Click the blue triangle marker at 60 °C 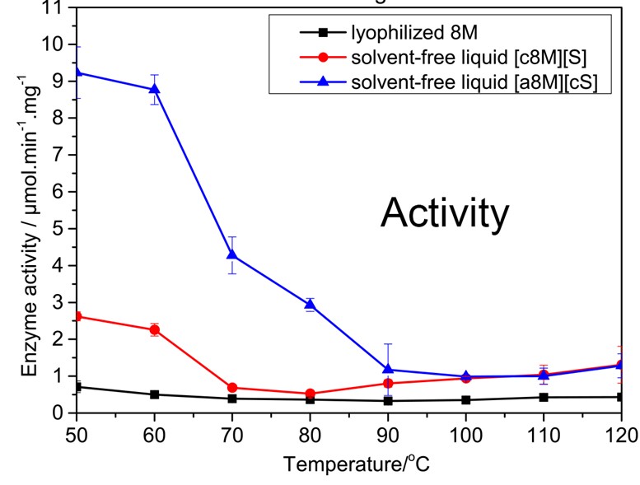point(154,89)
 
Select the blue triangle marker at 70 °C point(232,254)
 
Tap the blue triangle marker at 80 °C point(310,305)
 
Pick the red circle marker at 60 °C point(154,329)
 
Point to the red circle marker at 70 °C point(232,387)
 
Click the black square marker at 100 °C point(465,400)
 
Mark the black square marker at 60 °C point(154,394)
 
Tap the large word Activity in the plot point(444,214)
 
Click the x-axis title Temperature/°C point(356,464)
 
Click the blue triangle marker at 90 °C point(388,370)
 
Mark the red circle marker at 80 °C point(310,394)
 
